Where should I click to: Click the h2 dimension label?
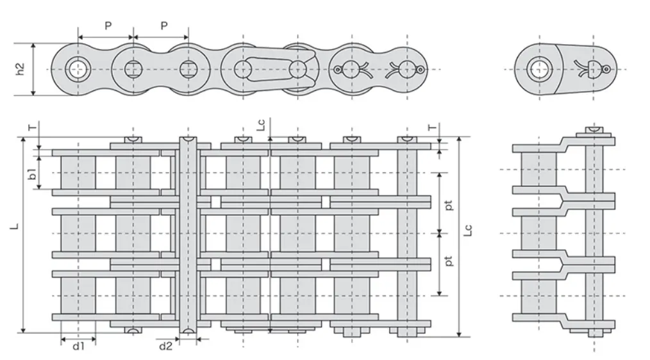pyautogui.click(x=20, y=69)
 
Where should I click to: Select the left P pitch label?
pyautogui.click(x=108, y=26)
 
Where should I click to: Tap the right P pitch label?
pyautogui.click(x=163, y=26)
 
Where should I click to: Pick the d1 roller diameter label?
pyautogui.click(x=78, y=347)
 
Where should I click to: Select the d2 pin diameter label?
pyautogui.click(x=165, y=347)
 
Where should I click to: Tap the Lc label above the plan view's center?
pyautogui.click(x=260, y=126)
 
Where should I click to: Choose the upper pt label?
pyautogui.click(x=449, y=206)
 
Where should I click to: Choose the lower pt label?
pyautogui.click(x=449, y=261)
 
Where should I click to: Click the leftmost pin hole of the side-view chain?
pyautogui.click(x=78, y=69)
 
